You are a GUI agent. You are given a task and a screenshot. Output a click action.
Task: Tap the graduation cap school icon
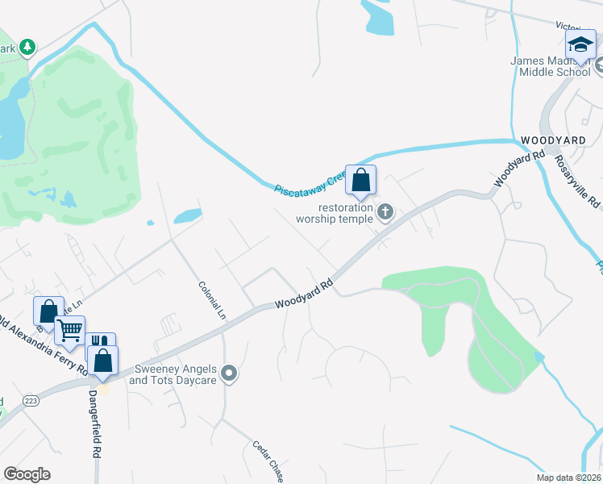point(580,46)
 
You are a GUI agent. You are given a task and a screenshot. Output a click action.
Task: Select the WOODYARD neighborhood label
point(547,140)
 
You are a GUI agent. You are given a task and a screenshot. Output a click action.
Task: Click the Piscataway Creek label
point(310,182)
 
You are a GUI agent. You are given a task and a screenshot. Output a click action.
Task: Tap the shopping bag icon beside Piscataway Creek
point(360,180)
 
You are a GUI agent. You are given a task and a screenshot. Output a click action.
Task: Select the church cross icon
point(385,212)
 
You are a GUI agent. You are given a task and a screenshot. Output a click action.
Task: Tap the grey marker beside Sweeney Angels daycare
point(230,373)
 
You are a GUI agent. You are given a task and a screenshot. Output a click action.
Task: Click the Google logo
point(27,474)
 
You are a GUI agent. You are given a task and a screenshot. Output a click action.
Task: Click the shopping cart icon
point(70,330)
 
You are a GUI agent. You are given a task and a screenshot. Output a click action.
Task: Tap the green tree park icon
point(28,48)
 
